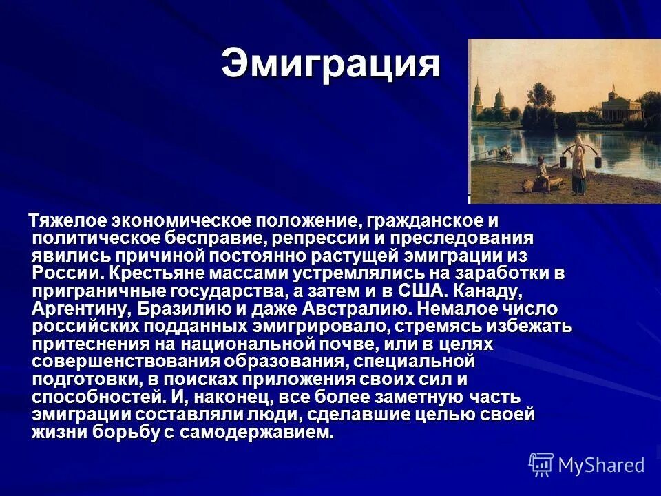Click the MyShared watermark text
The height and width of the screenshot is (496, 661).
click(x=600, y=465)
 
